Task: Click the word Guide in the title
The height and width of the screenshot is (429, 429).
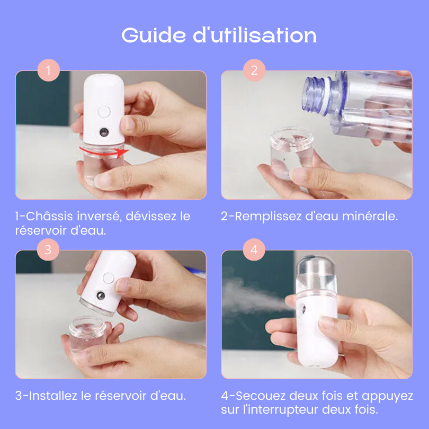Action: [x=154, y=35]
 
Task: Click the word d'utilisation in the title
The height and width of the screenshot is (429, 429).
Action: [x=255, y=35]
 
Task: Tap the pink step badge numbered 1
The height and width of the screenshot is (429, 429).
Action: [x=48, y=70]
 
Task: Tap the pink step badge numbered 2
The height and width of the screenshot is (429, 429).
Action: [x=254, y=70]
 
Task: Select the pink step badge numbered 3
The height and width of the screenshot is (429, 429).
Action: [x=48, y=249]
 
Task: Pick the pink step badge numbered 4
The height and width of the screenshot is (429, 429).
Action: [x=254, y=249]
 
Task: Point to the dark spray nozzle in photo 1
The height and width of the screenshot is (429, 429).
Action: [x=104, y=133]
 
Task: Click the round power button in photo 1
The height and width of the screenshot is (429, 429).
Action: [x=104, y=112]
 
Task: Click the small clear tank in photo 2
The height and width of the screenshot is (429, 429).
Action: [x=291, y=151]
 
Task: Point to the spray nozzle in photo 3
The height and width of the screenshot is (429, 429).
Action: [x=101, y=296]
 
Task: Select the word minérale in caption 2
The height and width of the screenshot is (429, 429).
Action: [x=370, y=216]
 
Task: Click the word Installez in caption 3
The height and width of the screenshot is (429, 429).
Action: [x=53, y=396]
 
